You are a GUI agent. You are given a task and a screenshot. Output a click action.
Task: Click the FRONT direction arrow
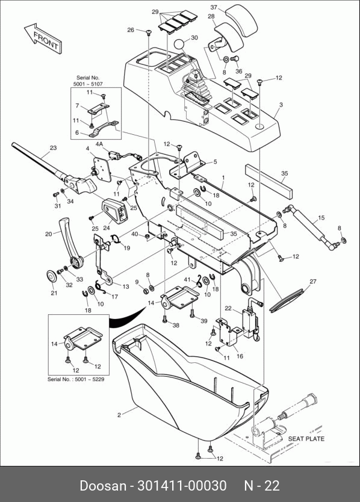click(43, 39)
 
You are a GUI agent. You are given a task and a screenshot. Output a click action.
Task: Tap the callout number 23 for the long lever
click(53, 148)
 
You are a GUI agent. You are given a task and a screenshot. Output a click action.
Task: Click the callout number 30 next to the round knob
click(194, 38)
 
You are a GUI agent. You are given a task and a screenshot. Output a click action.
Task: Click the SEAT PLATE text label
click(306, 439)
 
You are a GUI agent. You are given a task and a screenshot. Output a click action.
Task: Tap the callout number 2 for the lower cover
click(119, 415)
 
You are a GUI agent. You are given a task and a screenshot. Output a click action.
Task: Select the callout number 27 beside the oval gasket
click(313, 282)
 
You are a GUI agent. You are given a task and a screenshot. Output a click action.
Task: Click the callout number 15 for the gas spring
click(321, 218)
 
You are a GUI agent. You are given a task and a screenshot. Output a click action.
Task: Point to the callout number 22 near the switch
click(228, 308)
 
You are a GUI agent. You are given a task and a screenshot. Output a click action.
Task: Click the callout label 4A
click(99, 144)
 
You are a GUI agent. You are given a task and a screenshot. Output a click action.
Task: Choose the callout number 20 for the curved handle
click(48, 234)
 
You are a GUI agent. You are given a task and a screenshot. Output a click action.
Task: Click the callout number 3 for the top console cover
click(281, 105)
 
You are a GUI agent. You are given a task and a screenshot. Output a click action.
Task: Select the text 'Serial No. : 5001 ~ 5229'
click(76, 379)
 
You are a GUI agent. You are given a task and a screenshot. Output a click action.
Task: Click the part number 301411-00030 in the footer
click(182, 486)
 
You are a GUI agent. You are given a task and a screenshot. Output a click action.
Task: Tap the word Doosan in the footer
click(103, 486)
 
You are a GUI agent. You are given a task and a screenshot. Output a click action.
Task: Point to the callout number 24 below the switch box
click(107, 229)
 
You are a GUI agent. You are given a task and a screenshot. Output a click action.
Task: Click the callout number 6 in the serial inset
click(77, 133)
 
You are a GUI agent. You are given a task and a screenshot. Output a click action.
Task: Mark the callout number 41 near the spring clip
click(187, 279)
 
